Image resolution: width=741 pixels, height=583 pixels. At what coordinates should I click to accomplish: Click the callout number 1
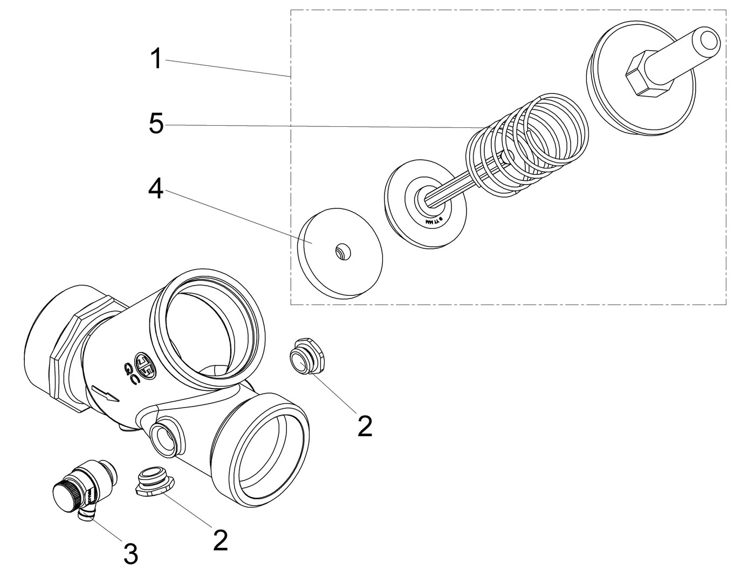(156, 58)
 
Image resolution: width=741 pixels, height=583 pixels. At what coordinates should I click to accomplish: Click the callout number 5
(156, 124)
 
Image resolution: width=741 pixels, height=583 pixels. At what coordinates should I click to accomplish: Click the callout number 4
(156, 189)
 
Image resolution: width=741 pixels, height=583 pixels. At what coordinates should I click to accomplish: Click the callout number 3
(131, 554)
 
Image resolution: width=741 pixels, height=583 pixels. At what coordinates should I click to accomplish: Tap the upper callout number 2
(365, 426)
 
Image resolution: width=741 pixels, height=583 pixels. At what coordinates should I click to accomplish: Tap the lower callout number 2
(220, 540)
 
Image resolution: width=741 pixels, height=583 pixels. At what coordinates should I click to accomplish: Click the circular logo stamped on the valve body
(144, 366)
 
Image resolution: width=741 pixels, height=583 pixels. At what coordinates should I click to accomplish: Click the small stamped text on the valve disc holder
(434, 221)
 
